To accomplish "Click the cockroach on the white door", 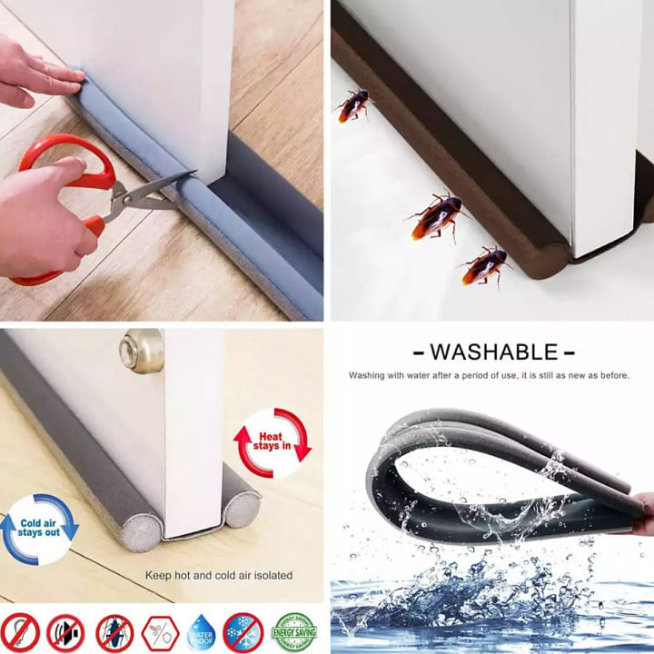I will pyautogui.click(x=353, y=104).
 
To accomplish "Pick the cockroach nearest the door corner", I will pyautogui.click(x=484, y=265).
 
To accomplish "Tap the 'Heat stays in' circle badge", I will pyautogui.click(x=272, y=443).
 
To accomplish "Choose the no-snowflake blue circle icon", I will pyautogui.click(x=243, y=632).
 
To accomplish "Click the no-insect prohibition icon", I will pyautogui.click(x=114, y=632).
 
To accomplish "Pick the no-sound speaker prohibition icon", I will pyautogui.click(x=66, y=632).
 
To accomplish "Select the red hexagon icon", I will pyautogui.click(x=158, y=632).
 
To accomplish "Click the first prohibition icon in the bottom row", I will pyautogui.click(x=21, y=632).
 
